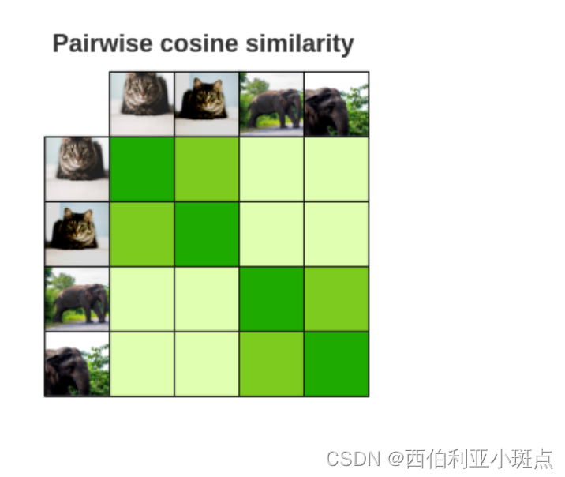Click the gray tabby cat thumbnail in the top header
point(142,103)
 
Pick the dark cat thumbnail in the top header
point(207,103)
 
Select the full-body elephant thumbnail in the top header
point(271,103)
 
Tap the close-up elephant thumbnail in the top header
point(336,103)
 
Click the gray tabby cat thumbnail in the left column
point(77,168)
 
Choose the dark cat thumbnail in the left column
point(77,234)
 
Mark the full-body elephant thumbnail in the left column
point(77,299)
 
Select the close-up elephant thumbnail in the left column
point(77,363)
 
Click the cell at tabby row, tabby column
point(142,168)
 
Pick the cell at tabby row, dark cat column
point(207,168)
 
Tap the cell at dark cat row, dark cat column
point(207,234)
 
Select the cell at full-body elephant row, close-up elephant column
point(336,299)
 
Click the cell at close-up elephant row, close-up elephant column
point(336,363)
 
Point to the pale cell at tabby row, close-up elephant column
point(336,168)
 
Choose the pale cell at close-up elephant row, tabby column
point(142,363)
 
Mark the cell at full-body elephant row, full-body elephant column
point(271,299)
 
